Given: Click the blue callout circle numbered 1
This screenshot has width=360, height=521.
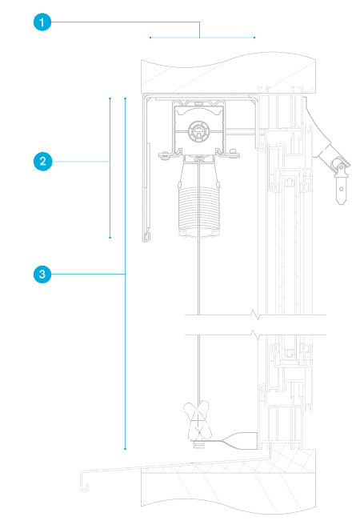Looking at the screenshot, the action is (x=42, y=22).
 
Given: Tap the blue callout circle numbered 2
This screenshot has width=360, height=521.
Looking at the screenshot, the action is (x=43, y=162).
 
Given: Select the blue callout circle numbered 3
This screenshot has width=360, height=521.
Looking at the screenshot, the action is (x=42, y=275).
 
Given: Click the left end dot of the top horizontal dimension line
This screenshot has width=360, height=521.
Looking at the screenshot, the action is (x=150, y=38).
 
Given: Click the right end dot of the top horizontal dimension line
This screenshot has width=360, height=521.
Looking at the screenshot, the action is (x=254, y=38).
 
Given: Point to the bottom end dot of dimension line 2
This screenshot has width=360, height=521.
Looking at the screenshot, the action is (x=110, y=238).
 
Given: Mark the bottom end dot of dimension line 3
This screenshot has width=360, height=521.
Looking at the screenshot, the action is (x=126, y=449).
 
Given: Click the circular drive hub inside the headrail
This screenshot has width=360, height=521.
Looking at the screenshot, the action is (x=198, y=130).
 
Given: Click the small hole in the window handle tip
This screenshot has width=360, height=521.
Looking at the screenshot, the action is (x=342, y=190).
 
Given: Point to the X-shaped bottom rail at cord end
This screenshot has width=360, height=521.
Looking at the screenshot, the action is (x=198, y=420).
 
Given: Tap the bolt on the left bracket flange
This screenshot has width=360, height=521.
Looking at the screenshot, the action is (x=164, y=154).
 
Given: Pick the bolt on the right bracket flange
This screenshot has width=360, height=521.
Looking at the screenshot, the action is (x=233, y=153).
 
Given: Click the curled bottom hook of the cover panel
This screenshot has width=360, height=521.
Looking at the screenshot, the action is (x=146, y=237).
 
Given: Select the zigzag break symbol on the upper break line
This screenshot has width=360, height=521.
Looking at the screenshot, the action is (x=255, y=315).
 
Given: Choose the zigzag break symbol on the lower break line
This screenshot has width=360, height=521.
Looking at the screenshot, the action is (x=255, y=335).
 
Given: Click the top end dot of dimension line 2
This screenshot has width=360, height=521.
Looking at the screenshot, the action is (x=110, y=98).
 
